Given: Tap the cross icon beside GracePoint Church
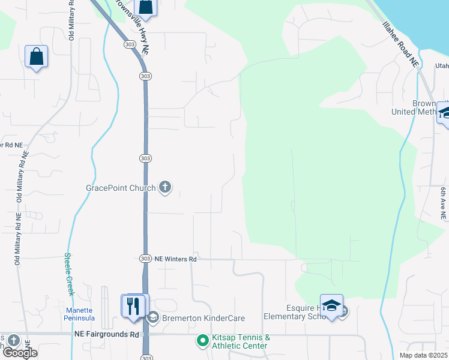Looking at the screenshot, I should [x=164, y=188].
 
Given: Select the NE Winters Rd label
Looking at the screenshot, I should [x=176, y=259].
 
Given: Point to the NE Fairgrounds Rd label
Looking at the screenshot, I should [x=107, y=334].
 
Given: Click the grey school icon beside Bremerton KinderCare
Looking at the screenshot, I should [x=152, y=317].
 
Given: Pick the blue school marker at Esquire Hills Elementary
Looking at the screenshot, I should [x=331, y=305].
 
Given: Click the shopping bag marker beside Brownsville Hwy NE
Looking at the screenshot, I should [x=145, y=7].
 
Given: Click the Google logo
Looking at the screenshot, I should [x=20, y=353].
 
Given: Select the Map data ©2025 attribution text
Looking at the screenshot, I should [x=423, y=355].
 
